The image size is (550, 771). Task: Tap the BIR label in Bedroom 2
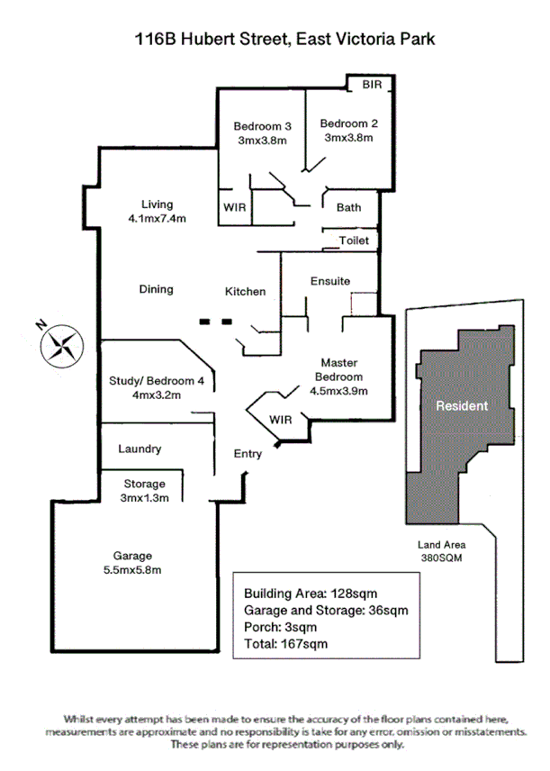click(x=372, y=85)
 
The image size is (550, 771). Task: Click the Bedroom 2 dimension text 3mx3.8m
click(x=348, y=139)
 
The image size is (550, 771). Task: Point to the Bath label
click(x=348, y=207)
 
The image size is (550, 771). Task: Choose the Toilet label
click(x=354, y=240)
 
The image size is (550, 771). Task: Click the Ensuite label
click(x=329, y=281)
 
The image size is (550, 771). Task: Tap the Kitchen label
click(x=245, y=291)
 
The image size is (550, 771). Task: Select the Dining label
click(x=156, y=289)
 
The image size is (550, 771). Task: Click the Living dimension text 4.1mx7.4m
click(x=157, y=219)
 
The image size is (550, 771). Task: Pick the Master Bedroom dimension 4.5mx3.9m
click(x=338, y=391)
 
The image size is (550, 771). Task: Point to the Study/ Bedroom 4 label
click(x=157, y=379)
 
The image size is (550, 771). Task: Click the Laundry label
click(x=140, y=449)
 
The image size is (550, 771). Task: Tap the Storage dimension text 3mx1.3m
click(x=144, y=498)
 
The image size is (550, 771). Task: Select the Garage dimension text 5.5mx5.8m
click(x=131, y=569)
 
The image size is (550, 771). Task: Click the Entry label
click(x=248, y=454)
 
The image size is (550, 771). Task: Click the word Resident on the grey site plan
click(x=462, y=405)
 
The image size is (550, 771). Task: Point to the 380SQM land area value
click(x=441, y=558)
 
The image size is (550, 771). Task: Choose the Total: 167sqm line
click(x=285, y=643)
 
